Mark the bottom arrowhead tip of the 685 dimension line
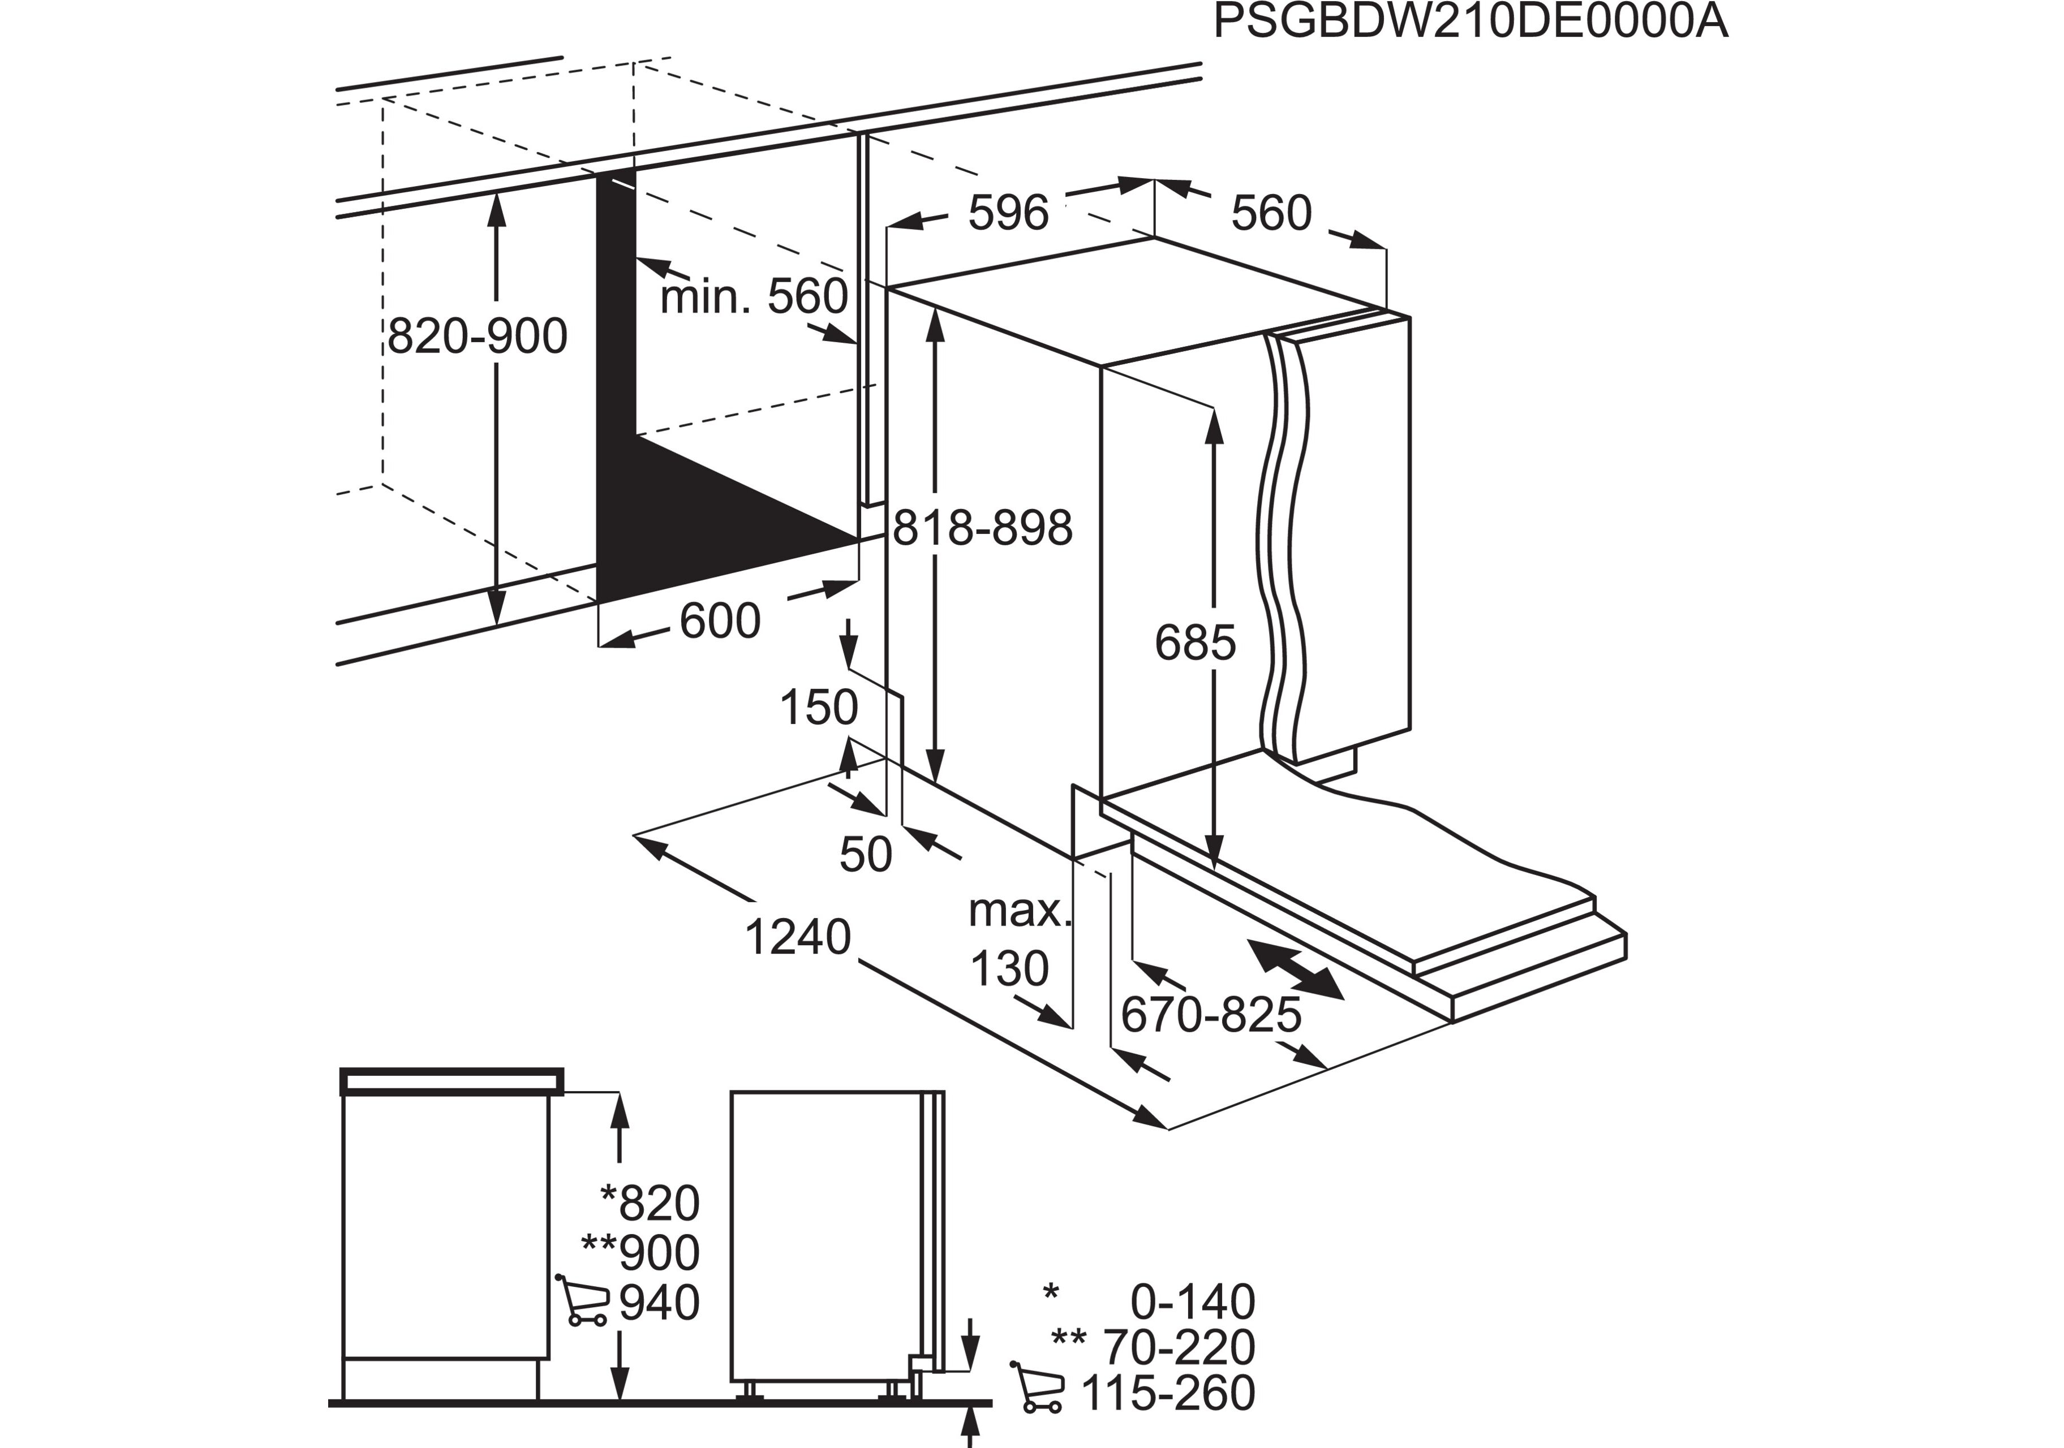click(1215, 869)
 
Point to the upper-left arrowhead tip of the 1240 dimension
click(635, 836)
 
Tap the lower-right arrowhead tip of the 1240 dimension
click(1167, 1128)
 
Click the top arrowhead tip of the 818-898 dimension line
click(936, 305)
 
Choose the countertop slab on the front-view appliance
click(451, 1081)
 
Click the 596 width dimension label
click(1009, 213)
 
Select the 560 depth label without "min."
click(1272, 213)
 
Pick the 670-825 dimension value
click(1211, 1016)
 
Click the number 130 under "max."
click(1009, 969)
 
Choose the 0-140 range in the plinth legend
click(1192, 1302)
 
